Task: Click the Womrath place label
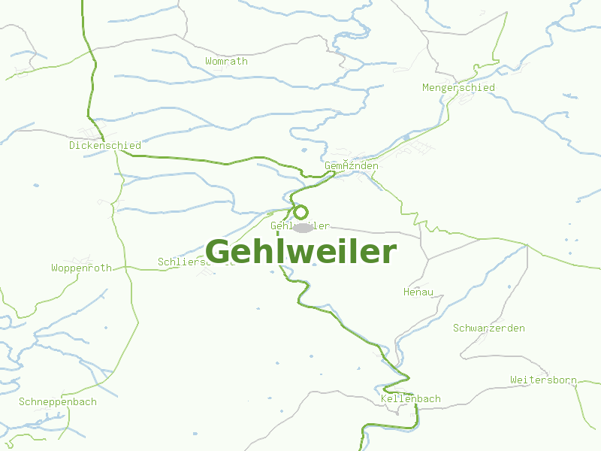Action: coord(226,61)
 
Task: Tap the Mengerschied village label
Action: coord(458,88)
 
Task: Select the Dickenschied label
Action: coord(104,145)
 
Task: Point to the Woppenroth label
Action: coord(81,268)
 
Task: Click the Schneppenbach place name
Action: coord(58,401)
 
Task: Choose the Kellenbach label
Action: coord(411,398)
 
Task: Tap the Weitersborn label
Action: coord(542,380)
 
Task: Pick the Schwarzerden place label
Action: coord(488,328)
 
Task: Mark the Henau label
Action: coord(418,292)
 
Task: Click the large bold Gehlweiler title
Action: coord(300,252)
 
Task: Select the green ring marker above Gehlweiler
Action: coord(300,212)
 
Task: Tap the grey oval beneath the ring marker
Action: coord(303,227)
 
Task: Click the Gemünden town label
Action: coord(351,165)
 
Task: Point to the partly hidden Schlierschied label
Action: coord(188,262)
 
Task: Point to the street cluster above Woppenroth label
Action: coord(83,259)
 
